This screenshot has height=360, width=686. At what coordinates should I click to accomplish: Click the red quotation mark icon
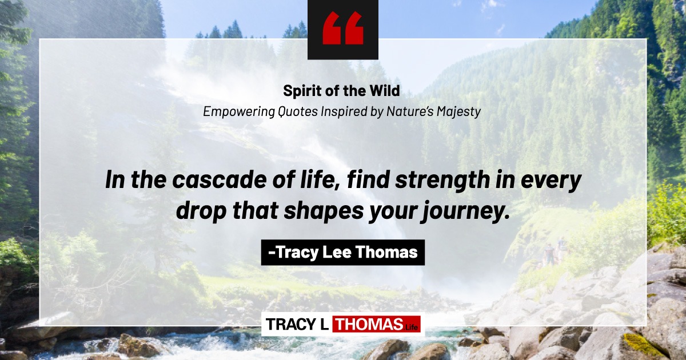[342, 28]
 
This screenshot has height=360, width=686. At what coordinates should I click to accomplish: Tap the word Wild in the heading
[385, 90]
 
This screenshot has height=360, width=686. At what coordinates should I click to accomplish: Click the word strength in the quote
[442, 181]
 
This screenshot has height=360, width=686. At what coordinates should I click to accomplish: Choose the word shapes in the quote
[324, 211]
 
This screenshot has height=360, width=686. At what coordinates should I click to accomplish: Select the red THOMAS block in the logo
[377, 324]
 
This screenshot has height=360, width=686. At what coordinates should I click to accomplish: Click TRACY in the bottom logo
[290, 324]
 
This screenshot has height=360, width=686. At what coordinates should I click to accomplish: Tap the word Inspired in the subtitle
[344, 112]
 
